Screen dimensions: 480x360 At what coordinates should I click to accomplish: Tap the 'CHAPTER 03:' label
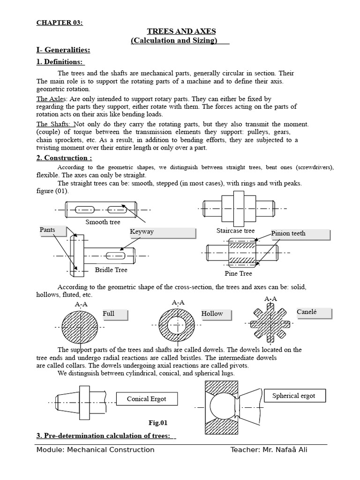point(60,22)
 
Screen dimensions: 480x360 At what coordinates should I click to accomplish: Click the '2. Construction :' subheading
point(64,157)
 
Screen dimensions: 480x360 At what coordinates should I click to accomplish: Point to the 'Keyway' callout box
point(162,232)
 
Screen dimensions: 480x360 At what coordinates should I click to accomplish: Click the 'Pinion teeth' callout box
point(300,233)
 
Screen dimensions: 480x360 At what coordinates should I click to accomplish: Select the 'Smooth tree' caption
point(103,222)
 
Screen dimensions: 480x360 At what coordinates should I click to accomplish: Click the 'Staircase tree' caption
point(235,231)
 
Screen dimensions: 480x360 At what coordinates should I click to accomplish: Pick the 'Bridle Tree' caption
point(111,270)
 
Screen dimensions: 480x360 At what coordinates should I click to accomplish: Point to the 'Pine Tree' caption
point(238,273)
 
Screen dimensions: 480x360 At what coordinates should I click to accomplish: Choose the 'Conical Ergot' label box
point(146,399)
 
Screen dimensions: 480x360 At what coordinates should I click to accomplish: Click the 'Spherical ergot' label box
point(295,396)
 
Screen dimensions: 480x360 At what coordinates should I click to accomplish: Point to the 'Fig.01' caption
point(157,422)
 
